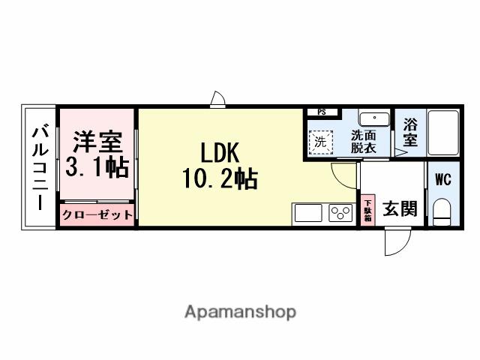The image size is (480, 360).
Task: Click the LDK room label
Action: tap(219, 153)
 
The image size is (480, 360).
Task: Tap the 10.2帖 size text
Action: tap(219, 180)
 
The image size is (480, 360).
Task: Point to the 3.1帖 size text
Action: tap(96, 167)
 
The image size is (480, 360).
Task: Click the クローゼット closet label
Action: tap(97, 214)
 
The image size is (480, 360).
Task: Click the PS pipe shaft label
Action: tap(322, 112)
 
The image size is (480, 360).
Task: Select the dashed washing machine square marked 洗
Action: tap(321, 141)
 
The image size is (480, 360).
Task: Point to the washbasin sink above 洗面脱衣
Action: tap(373, 118)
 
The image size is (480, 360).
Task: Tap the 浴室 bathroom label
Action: tap(409, 132)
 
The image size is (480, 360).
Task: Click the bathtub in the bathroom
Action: tap(442, 133)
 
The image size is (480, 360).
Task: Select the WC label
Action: tap(442, 180)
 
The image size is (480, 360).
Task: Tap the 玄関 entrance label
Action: tap(396, 209)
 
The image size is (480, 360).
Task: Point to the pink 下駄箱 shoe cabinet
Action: tap(367, 209)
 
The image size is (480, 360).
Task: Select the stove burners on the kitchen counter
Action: tap(341, 213)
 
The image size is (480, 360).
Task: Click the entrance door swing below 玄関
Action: tap(395, 241)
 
